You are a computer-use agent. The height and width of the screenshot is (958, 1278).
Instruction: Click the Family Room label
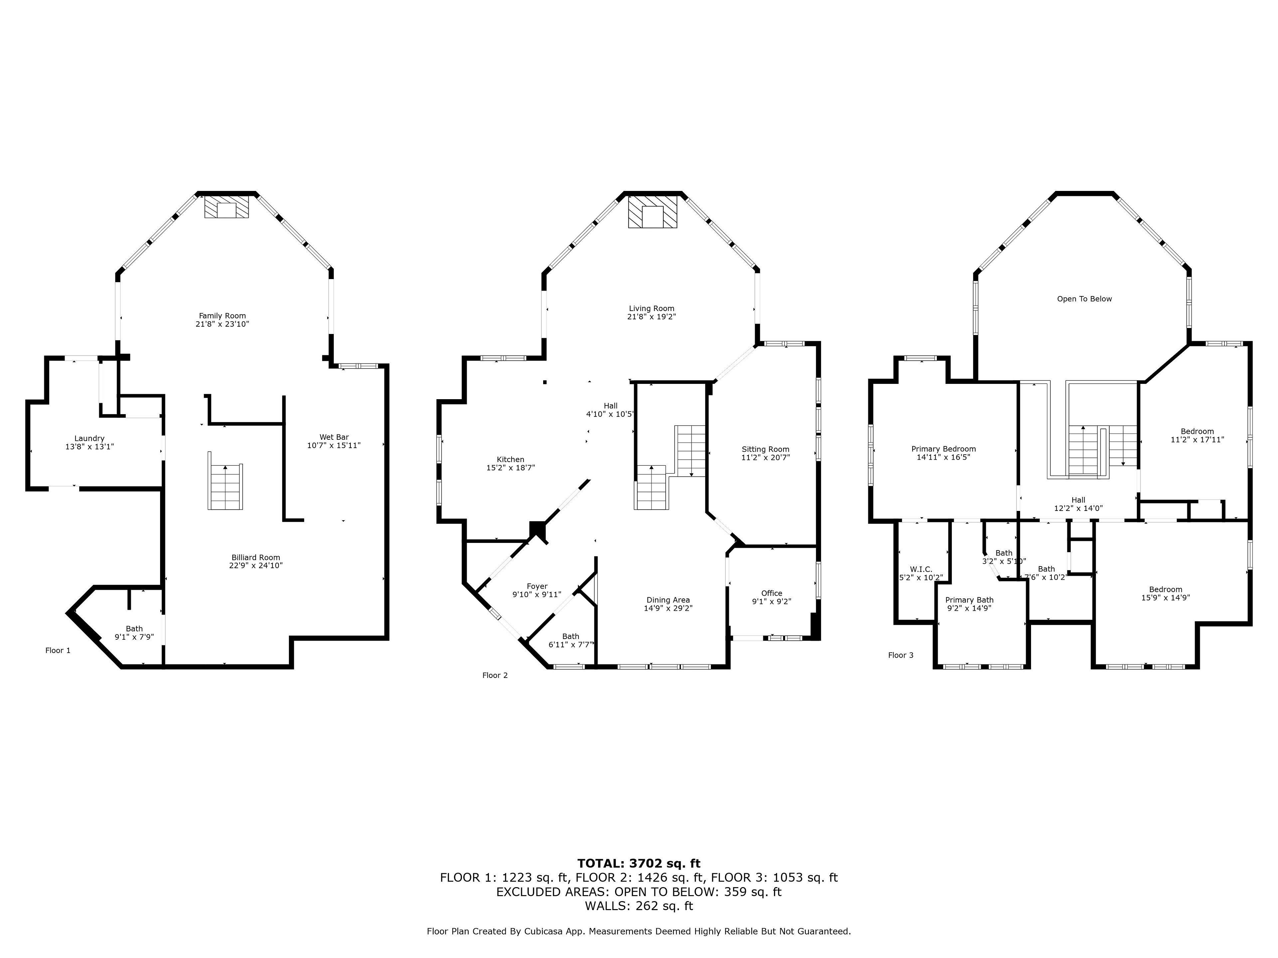pyautogui.click(x=222, y=316)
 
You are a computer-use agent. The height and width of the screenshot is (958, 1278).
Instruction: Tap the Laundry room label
pyautogui.click(x=90, y=438)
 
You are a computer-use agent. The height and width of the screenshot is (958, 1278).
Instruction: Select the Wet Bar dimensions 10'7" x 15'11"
pyautogui.click(x=334, y=445)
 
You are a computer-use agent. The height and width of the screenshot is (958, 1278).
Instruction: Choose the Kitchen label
pyautogui.click(x=511, y=460)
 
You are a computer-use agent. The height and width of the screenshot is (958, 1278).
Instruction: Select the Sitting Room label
pyautogui.click(x=765, y=449)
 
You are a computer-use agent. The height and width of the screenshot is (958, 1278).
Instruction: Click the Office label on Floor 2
pyautogui.click(x=772, y=593)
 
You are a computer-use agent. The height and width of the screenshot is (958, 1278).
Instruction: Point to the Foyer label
pyautogui.click(x=537, y=586)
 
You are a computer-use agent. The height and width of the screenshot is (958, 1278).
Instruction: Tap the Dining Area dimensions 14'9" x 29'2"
pyautogui.click(x=669, y=608)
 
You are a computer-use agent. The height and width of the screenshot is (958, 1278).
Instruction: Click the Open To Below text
pyautogui.click(x=1084, y=299)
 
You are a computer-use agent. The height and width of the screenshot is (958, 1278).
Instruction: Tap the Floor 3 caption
pyautogui.click(x=901, y=655)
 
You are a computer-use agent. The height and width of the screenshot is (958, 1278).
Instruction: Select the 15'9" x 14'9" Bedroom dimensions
pyautogui.click(x=1165, y=598)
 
